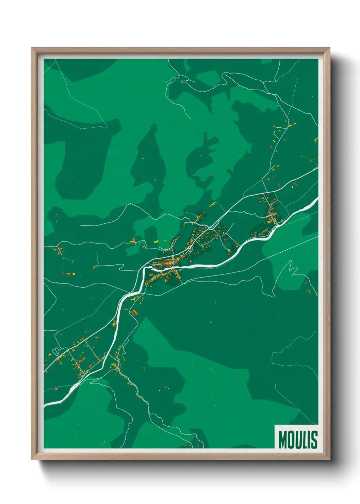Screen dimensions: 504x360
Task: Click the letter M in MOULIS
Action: click(x=282, y=440)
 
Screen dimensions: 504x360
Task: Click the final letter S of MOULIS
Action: click(x=314, y=440)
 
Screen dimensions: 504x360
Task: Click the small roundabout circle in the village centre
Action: click(x=190, y=248)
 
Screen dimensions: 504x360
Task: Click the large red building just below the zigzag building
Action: click(x=134, y=312)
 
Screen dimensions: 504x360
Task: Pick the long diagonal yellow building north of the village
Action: click(x=213, y=204)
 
